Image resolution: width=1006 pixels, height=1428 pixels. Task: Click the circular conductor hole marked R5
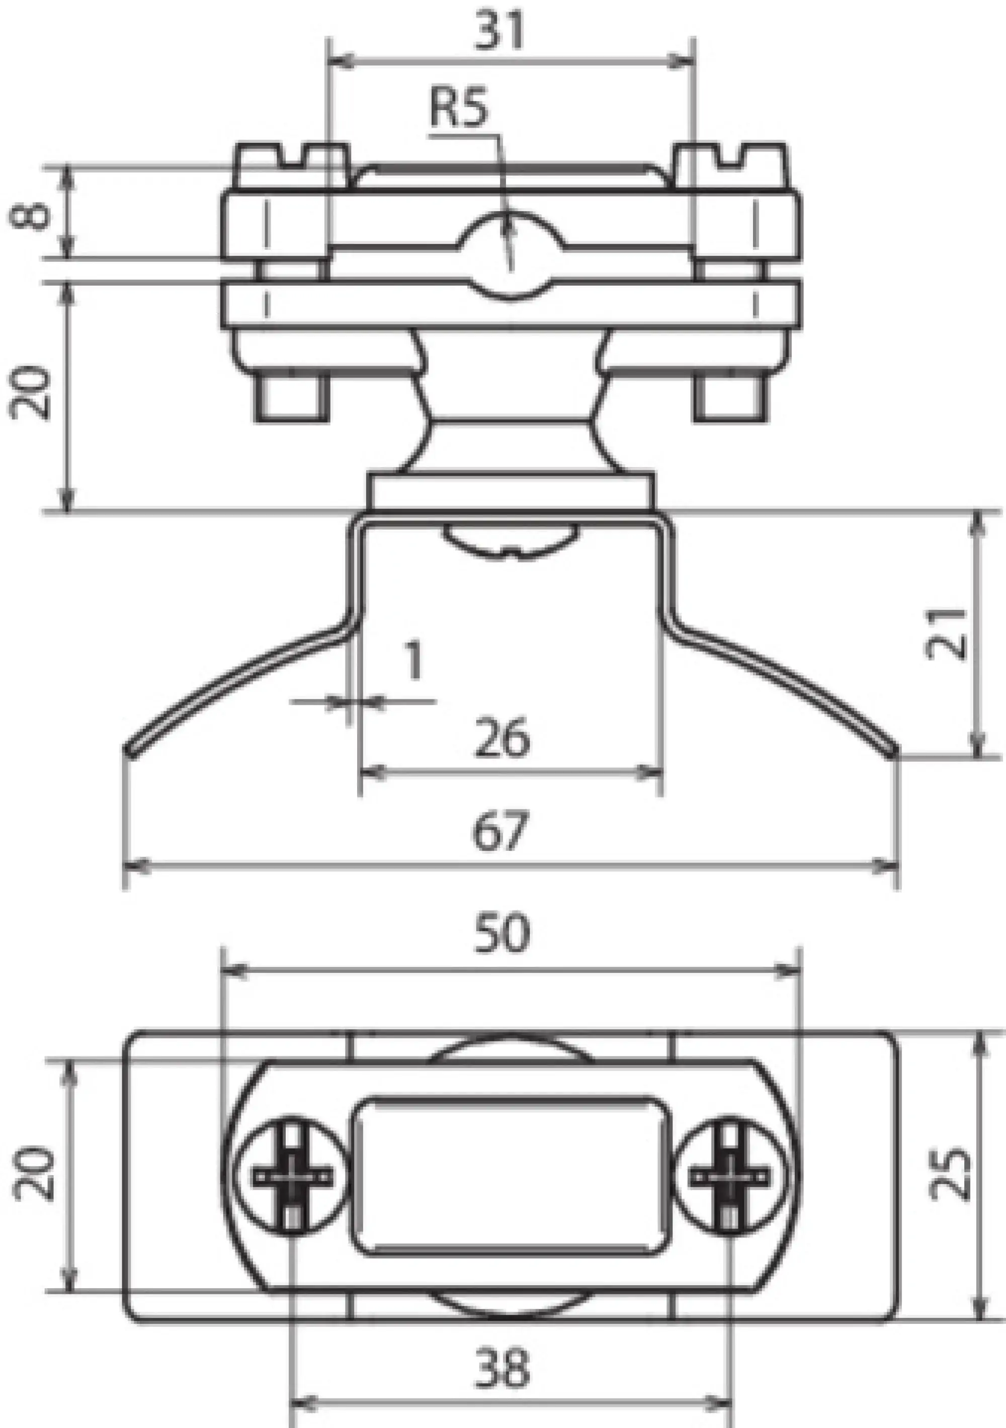point(510,255)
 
